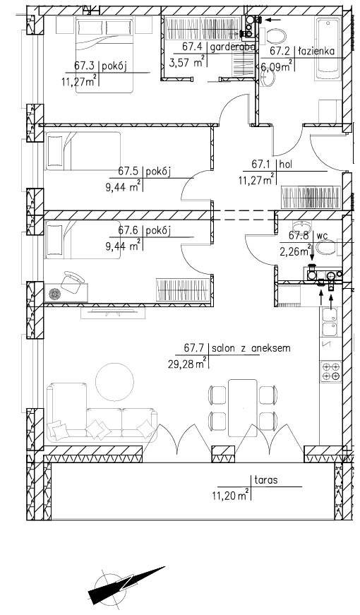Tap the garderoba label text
coord(234,47)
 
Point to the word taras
coord(266,479)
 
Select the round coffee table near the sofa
coord(115,381)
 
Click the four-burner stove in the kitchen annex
coord(331,371)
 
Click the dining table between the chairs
coord(243,408)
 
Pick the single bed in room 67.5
coord(83,151)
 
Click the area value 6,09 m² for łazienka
coord(277,66)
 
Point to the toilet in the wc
coord(326,248)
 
